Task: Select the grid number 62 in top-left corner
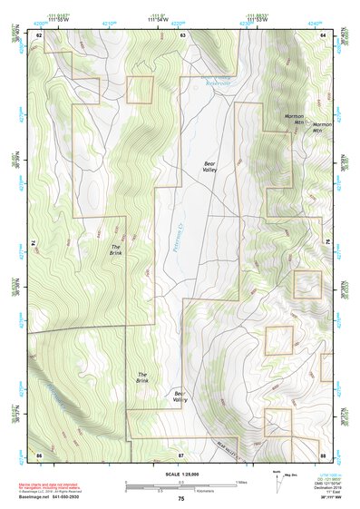(x=39, y=34)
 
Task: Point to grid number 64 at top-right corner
(x=323, y=34)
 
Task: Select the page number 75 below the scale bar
(x=181, y=499)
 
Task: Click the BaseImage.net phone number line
(x=50, y=495)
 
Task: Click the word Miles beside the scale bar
(x=240, y=481)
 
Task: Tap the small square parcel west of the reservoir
(x=140, y=90)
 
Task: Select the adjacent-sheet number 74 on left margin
(x=29, y=243)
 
